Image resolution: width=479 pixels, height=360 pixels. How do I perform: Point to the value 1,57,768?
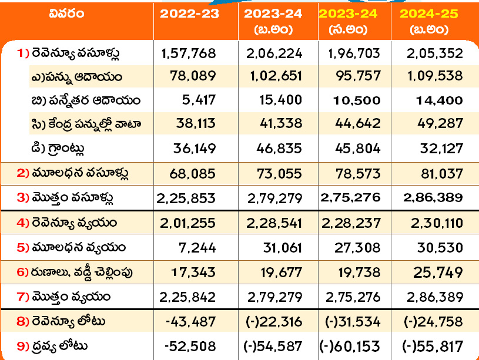[188, 53]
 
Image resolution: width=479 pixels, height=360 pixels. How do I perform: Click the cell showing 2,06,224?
[274, 53]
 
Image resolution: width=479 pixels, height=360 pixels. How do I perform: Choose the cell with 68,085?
[195, 173]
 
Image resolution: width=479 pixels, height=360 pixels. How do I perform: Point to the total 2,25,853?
[186, 198]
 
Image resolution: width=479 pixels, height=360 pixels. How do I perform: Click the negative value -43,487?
[191, 322]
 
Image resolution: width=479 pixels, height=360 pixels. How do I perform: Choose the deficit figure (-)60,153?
[350, 346]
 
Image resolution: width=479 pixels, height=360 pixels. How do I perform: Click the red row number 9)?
[23, 346]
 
